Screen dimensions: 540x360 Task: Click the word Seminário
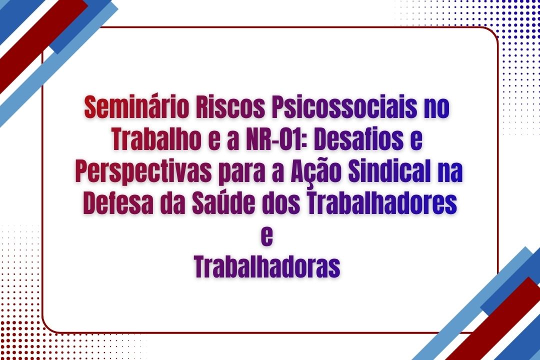(136, 108)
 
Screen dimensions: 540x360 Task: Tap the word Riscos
(230, 108)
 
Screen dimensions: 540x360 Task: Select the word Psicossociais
(344, 108)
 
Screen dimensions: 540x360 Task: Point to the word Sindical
(389, 171)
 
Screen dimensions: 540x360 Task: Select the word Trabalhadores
(382, 203)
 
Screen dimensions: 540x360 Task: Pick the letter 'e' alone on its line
(267, 237)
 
